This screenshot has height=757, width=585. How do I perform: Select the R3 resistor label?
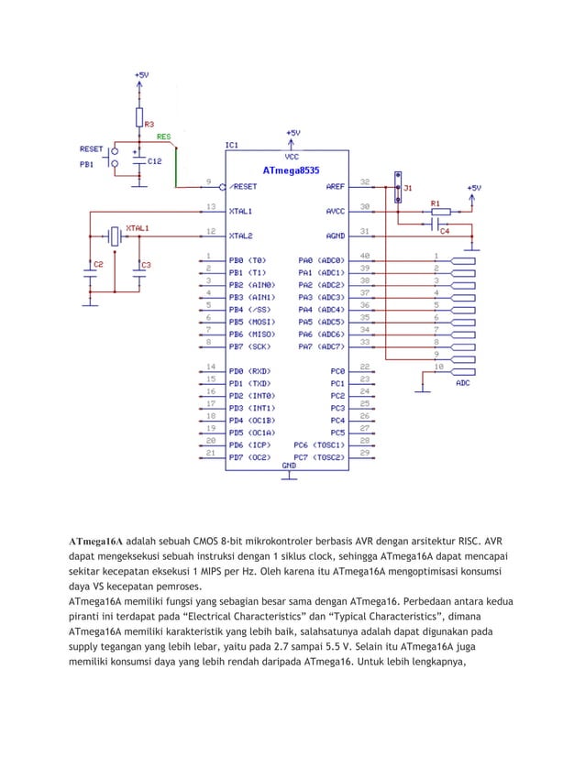pos(149,123)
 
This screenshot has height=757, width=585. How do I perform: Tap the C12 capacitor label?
pos(155,160)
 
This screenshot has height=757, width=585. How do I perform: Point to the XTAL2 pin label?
pos(243,235)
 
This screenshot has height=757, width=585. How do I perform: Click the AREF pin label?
pos(335,185)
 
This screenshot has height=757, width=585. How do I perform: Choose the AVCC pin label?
pos(335,210)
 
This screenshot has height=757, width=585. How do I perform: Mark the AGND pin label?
pos(335,235)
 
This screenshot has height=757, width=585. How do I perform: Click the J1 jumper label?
pos(408,186)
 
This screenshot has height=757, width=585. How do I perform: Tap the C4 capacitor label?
pos(445,231)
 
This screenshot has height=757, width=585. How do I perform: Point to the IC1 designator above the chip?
pos(232,145)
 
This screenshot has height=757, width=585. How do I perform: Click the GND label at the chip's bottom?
pos(288,466)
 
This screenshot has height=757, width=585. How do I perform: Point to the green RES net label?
pos(163,137)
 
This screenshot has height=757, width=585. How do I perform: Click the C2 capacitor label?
pos(97,265)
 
